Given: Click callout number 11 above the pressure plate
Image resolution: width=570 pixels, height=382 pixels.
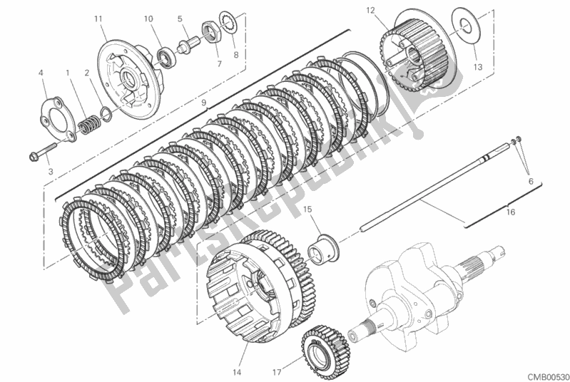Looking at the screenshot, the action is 98,19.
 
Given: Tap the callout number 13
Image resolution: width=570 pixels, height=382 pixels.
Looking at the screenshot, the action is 478,67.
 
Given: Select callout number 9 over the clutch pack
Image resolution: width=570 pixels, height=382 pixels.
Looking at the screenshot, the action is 203,102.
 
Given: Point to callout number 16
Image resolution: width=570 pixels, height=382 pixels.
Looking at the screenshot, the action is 511,212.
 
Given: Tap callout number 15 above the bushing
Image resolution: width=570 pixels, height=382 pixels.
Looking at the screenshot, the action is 307,209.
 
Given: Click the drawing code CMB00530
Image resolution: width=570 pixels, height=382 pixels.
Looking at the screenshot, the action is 548,376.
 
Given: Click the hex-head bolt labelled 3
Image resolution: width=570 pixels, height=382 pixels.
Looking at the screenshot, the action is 44,152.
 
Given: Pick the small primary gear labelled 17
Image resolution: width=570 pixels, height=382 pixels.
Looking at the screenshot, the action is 325,348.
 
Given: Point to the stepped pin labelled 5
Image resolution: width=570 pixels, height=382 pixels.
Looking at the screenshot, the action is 188,44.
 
